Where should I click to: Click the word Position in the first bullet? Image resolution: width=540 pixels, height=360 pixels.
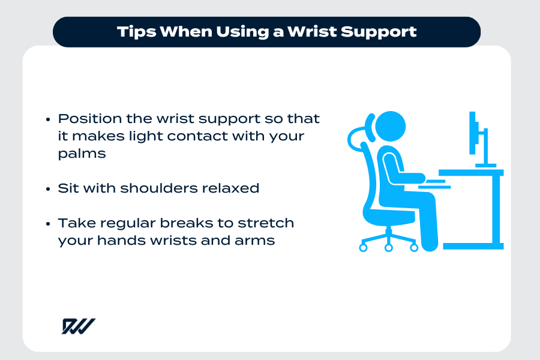click(x=85, y=119)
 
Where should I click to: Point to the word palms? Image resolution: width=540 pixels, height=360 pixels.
click(x=82, y=154)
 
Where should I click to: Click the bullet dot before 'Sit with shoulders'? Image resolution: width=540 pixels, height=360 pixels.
click(x=49, y=189)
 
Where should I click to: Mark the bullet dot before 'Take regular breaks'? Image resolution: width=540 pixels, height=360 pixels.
click(x=49, y=224)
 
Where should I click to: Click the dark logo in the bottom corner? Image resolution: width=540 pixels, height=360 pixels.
click(x=78, y=326)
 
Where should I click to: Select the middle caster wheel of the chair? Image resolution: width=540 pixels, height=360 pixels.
click(x=388, y=247)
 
